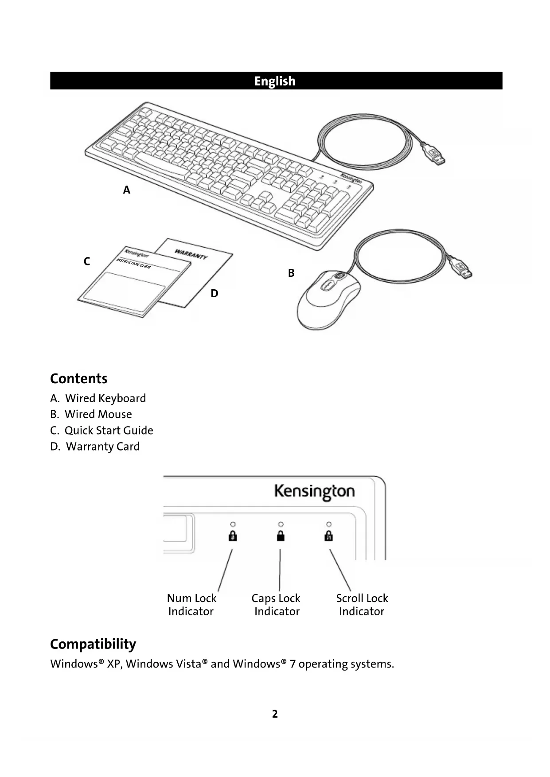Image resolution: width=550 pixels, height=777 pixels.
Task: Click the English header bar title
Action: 275,81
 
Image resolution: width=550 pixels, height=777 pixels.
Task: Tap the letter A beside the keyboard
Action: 127,190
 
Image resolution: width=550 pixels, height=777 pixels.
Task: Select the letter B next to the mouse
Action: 291,273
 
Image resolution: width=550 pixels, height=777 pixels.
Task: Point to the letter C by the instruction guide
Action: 87,261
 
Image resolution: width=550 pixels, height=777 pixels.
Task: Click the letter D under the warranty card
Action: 215,294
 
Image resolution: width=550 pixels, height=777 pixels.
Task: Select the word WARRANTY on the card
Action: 191,254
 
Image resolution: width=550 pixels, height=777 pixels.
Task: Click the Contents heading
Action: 79,379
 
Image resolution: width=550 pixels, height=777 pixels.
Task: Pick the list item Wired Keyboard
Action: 105,398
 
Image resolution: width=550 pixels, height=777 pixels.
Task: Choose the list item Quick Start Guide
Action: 109,431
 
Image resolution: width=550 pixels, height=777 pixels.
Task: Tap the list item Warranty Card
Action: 102,447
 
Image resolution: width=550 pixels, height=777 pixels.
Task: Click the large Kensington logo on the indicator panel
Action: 314,492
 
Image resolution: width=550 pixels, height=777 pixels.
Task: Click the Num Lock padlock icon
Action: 233,536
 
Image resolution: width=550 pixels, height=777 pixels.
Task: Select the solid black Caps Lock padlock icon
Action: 281,536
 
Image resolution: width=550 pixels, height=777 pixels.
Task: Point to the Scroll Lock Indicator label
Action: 362,605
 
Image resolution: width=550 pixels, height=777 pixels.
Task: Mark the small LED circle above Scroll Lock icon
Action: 329,524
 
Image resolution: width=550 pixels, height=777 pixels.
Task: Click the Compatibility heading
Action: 93,644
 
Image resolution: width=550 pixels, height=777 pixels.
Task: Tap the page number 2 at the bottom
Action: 275,714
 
